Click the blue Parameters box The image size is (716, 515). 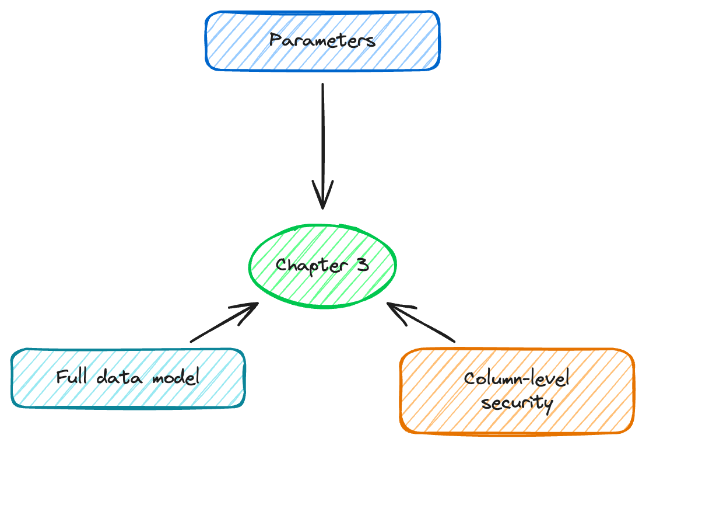(322, 41)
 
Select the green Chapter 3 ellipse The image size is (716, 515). (322, 266)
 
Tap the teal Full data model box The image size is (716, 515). (128, 378)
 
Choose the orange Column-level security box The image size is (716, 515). (517, 391)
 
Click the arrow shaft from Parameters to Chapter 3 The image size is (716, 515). (322, 140)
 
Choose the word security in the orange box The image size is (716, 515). (516, 403)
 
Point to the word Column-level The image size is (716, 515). (517, 380)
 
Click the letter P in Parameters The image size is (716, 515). (275, 41)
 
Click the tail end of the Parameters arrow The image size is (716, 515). (322, 85)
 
